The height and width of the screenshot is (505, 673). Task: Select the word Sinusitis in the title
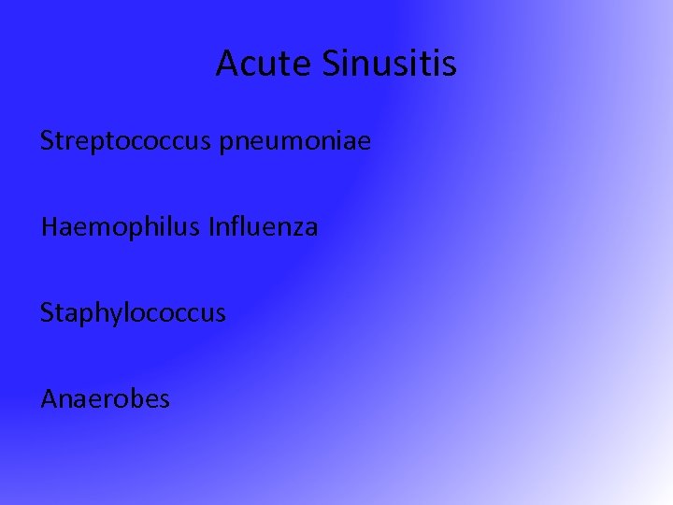click(390, 64)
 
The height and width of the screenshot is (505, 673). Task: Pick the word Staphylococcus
click(133, 313)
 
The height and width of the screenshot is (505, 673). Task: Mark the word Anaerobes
click(105, 399)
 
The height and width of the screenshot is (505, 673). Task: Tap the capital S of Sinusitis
click(333, 64)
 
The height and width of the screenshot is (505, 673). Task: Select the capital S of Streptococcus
click(47, 142)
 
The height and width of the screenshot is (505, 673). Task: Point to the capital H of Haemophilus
click(49, 226)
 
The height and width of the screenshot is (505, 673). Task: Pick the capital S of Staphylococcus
click(47, 312)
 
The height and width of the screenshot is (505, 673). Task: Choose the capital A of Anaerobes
click(49, 399)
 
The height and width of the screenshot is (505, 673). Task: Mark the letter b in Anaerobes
click(129, 398)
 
